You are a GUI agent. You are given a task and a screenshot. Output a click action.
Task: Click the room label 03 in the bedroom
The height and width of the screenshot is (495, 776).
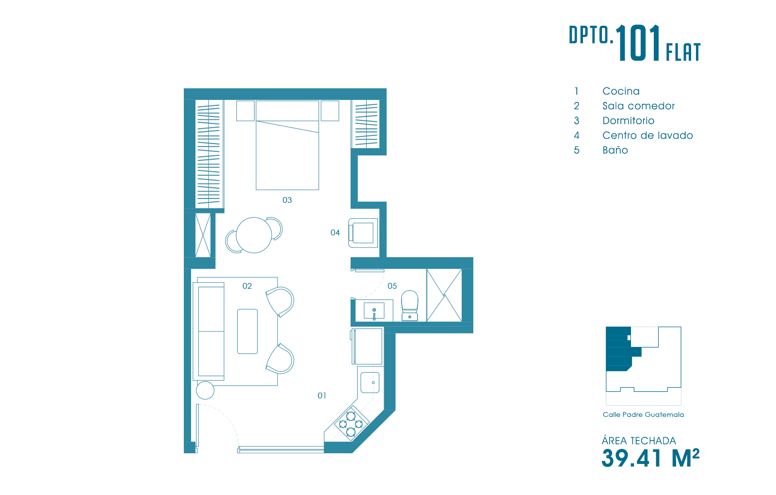(287, 200)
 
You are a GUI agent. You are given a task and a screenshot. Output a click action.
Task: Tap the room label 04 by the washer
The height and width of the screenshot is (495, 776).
(335, 232)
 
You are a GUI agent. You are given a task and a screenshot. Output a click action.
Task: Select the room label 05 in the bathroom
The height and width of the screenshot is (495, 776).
(392, 286)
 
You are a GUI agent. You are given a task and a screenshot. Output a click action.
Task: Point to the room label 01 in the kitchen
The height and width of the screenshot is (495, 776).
(322, 396)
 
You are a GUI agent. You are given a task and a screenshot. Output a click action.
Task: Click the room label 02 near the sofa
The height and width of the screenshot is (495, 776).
(247, 286)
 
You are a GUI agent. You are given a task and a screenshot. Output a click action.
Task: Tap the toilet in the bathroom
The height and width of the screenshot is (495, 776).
(409, 306)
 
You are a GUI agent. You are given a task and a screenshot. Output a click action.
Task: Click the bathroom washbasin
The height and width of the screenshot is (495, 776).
(374, 310)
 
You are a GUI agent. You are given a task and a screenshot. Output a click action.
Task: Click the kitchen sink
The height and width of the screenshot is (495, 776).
(370, 382)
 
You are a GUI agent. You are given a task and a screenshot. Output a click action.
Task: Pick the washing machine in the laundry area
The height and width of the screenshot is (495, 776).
(363, 233)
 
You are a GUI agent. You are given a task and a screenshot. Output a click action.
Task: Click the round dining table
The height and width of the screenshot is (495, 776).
(254, 235)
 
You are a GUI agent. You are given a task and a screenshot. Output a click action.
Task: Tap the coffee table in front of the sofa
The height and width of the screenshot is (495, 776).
(247, 331)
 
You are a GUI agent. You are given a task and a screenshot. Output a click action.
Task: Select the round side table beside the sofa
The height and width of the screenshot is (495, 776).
(205, 390)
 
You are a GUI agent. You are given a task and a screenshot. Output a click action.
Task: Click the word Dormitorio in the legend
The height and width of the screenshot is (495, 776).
(629, 121)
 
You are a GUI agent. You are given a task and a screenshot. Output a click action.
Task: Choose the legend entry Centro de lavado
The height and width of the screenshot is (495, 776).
(647, 135)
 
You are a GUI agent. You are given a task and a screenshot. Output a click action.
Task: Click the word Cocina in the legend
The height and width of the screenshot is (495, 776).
(621, 91)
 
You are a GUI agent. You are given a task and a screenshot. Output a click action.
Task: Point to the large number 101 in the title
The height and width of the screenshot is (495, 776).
(637, 43)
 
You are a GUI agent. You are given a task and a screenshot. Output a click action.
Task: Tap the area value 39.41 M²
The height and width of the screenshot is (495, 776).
(650, 458)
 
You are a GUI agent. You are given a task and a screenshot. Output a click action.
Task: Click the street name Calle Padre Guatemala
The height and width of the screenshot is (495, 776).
(643, 414)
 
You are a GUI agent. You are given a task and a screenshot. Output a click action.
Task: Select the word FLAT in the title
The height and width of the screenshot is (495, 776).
(683, 52)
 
